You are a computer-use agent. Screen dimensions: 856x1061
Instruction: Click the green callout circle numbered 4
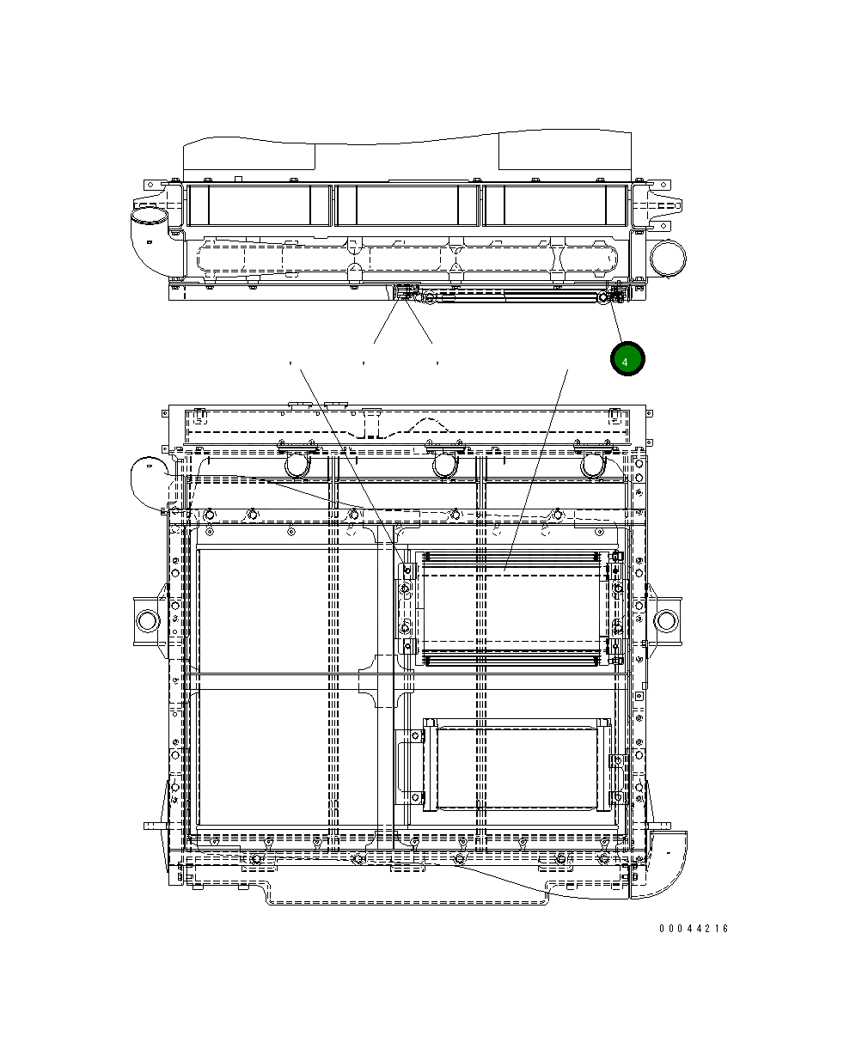[627, 358]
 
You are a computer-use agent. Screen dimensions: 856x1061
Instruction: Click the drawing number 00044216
[694, 929]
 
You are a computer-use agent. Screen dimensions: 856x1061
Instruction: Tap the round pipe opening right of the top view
[668, 258]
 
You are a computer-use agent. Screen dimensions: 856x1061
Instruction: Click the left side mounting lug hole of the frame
[147, 620]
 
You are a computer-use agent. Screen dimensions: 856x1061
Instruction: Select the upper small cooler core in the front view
[512, 609]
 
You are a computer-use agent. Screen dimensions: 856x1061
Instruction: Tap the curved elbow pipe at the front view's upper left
[148, 482]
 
